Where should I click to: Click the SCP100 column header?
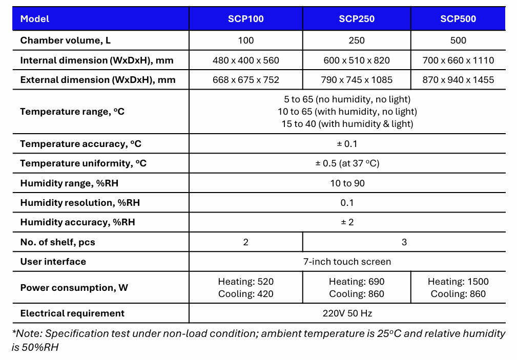tap(246, 19)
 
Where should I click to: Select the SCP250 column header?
tap(357, 19)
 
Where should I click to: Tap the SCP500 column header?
tap(458, 19)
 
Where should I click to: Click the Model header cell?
tap(35, 19)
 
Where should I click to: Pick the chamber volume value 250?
tap(357, 40)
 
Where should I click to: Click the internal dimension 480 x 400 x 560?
tap(246, 60)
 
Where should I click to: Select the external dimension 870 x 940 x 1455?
tap(458, 80)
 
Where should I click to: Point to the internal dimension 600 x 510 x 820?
tap(357, 60)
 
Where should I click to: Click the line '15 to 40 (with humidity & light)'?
tap(347, 124)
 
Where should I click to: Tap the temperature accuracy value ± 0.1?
tap(347, 144)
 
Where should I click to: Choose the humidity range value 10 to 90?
tap(347, 183)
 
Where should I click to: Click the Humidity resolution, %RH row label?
tap(80, 203)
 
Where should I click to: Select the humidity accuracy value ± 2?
tap(347, 222)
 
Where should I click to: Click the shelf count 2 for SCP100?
tap(246, 242)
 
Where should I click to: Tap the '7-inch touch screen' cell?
tap(347, 262)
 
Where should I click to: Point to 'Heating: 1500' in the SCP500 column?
tap(458, 282)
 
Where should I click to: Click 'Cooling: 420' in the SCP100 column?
tap(246, 294)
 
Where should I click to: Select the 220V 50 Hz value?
tap(347, 313)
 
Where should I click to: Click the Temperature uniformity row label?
tap(83, 163)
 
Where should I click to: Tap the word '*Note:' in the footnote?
tap(28, 334)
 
